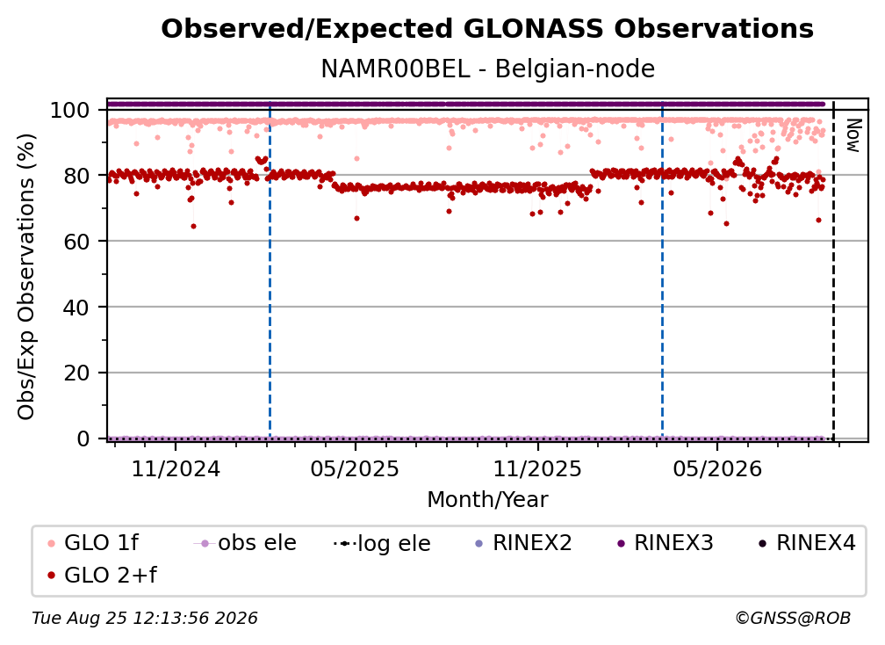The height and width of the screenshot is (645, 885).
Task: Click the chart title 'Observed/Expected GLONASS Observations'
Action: tap(487, 29)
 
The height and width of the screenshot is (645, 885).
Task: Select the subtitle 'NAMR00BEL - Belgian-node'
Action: tap(487, 69)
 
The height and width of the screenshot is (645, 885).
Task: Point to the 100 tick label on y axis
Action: tap(69, 110)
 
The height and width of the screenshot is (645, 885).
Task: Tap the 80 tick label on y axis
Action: tap(76, 176)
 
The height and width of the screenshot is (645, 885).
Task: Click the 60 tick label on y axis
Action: tap(76, 242)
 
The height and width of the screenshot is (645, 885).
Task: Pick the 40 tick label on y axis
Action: tap(76, 308)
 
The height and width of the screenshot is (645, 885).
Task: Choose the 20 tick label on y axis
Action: tap(76, 373)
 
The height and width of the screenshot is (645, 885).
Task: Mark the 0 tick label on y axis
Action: tap(83, 438)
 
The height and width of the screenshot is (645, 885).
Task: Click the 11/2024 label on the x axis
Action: tap(176, 468)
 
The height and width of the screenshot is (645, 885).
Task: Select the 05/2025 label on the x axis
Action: tap(355, 468)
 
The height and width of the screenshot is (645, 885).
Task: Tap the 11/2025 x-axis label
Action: tap(537, 468)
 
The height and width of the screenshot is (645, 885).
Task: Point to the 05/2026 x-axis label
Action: tap(716, 468)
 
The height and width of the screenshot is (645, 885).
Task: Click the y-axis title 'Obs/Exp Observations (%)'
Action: tap(26, 277)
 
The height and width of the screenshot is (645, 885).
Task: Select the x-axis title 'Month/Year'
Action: tap(487, 499)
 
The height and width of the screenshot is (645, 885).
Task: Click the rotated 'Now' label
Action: tap(853, 135)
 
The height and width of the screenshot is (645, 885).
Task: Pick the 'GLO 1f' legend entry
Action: tap(93, 543)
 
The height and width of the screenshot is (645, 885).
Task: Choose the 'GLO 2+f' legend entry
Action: tap(102, 576)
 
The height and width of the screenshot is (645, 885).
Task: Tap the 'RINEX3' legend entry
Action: tap(666, 543)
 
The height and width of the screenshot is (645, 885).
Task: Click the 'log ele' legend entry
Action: tap(382, 543)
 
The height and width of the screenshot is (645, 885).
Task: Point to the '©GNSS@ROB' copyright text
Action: tap(793, 618)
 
